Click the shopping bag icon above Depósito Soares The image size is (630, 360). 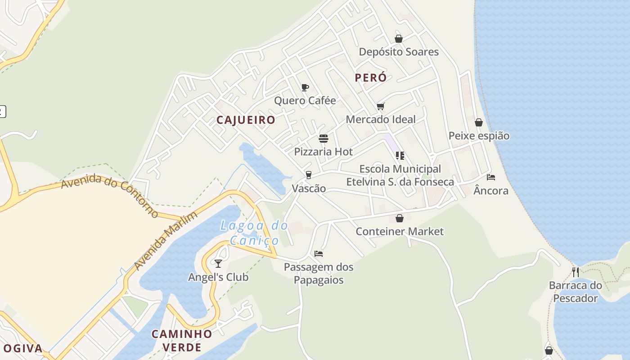point(398,39)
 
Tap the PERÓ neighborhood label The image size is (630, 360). point(370,77)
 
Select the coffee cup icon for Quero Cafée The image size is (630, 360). point(305,87)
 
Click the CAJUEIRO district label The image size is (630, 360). point(246,120)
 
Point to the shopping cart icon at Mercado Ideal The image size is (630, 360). point(381,107)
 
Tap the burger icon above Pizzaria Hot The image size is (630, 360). point(324,138)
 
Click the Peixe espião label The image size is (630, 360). point(479,135)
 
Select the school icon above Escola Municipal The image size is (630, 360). point(400,156)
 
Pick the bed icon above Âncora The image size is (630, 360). point(491,177)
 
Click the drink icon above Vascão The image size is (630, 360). point(308,175)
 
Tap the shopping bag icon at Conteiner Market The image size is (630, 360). point(399,218)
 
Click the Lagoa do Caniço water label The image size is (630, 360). point(254,233)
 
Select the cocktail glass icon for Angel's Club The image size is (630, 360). point(218,263)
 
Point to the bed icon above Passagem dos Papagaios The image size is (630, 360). point(319,254)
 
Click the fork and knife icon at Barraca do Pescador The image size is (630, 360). point(575,272)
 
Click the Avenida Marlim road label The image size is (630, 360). point(166,242)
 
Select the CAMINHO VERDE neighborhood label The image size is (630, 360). point(182,341)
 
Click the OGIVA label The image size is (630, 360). point(22,348)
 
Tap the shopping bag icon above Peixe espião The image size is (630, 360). point(479,122)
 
